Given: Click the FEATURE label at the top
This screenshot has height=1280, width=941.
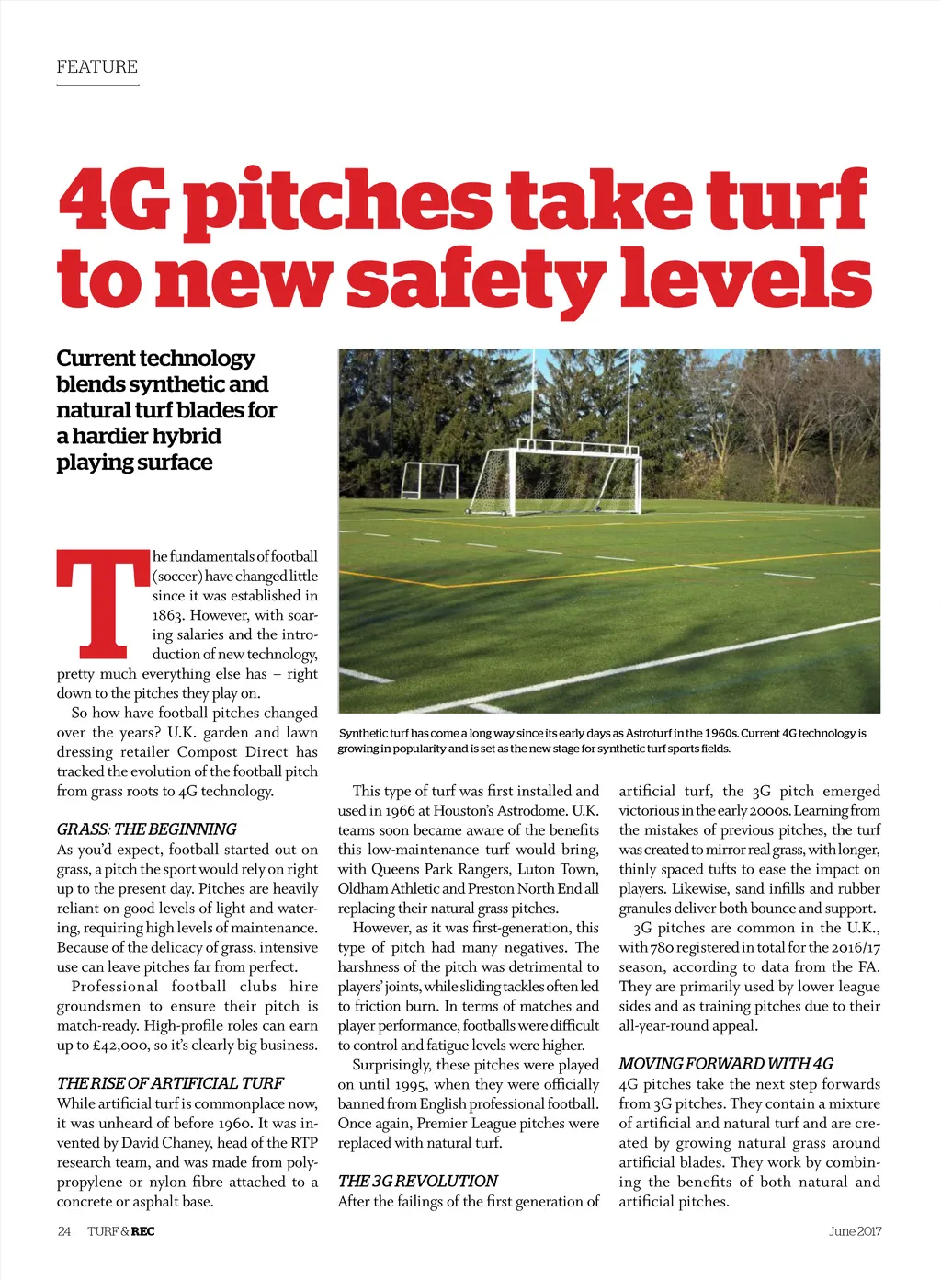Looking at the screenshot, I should click(x=96, y=67).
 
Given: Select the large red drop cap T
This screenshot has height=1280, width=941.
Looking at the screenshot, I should click(x=102, y=602).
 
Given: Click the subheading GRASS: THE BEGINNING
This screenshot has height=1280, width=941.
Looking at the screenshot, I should click(x=146, y=829).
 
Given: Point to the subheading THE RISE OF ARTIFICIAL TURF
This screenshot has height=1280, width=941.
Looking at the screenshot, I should click(x=170, y=1082).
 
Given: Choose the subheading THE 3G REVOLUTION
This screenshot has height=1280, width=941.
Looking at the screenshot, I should click(x=417, y=1181).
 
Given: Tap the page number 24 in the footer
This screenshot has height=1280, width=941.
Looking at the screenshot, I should click(x=64, y=1231).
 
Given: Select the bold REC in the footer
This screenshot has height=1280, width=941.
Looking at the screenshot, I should click(x=142, y=1231).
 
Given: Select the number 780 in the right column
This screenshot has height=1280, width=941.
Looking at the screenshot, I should click(x=662, y=947).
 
